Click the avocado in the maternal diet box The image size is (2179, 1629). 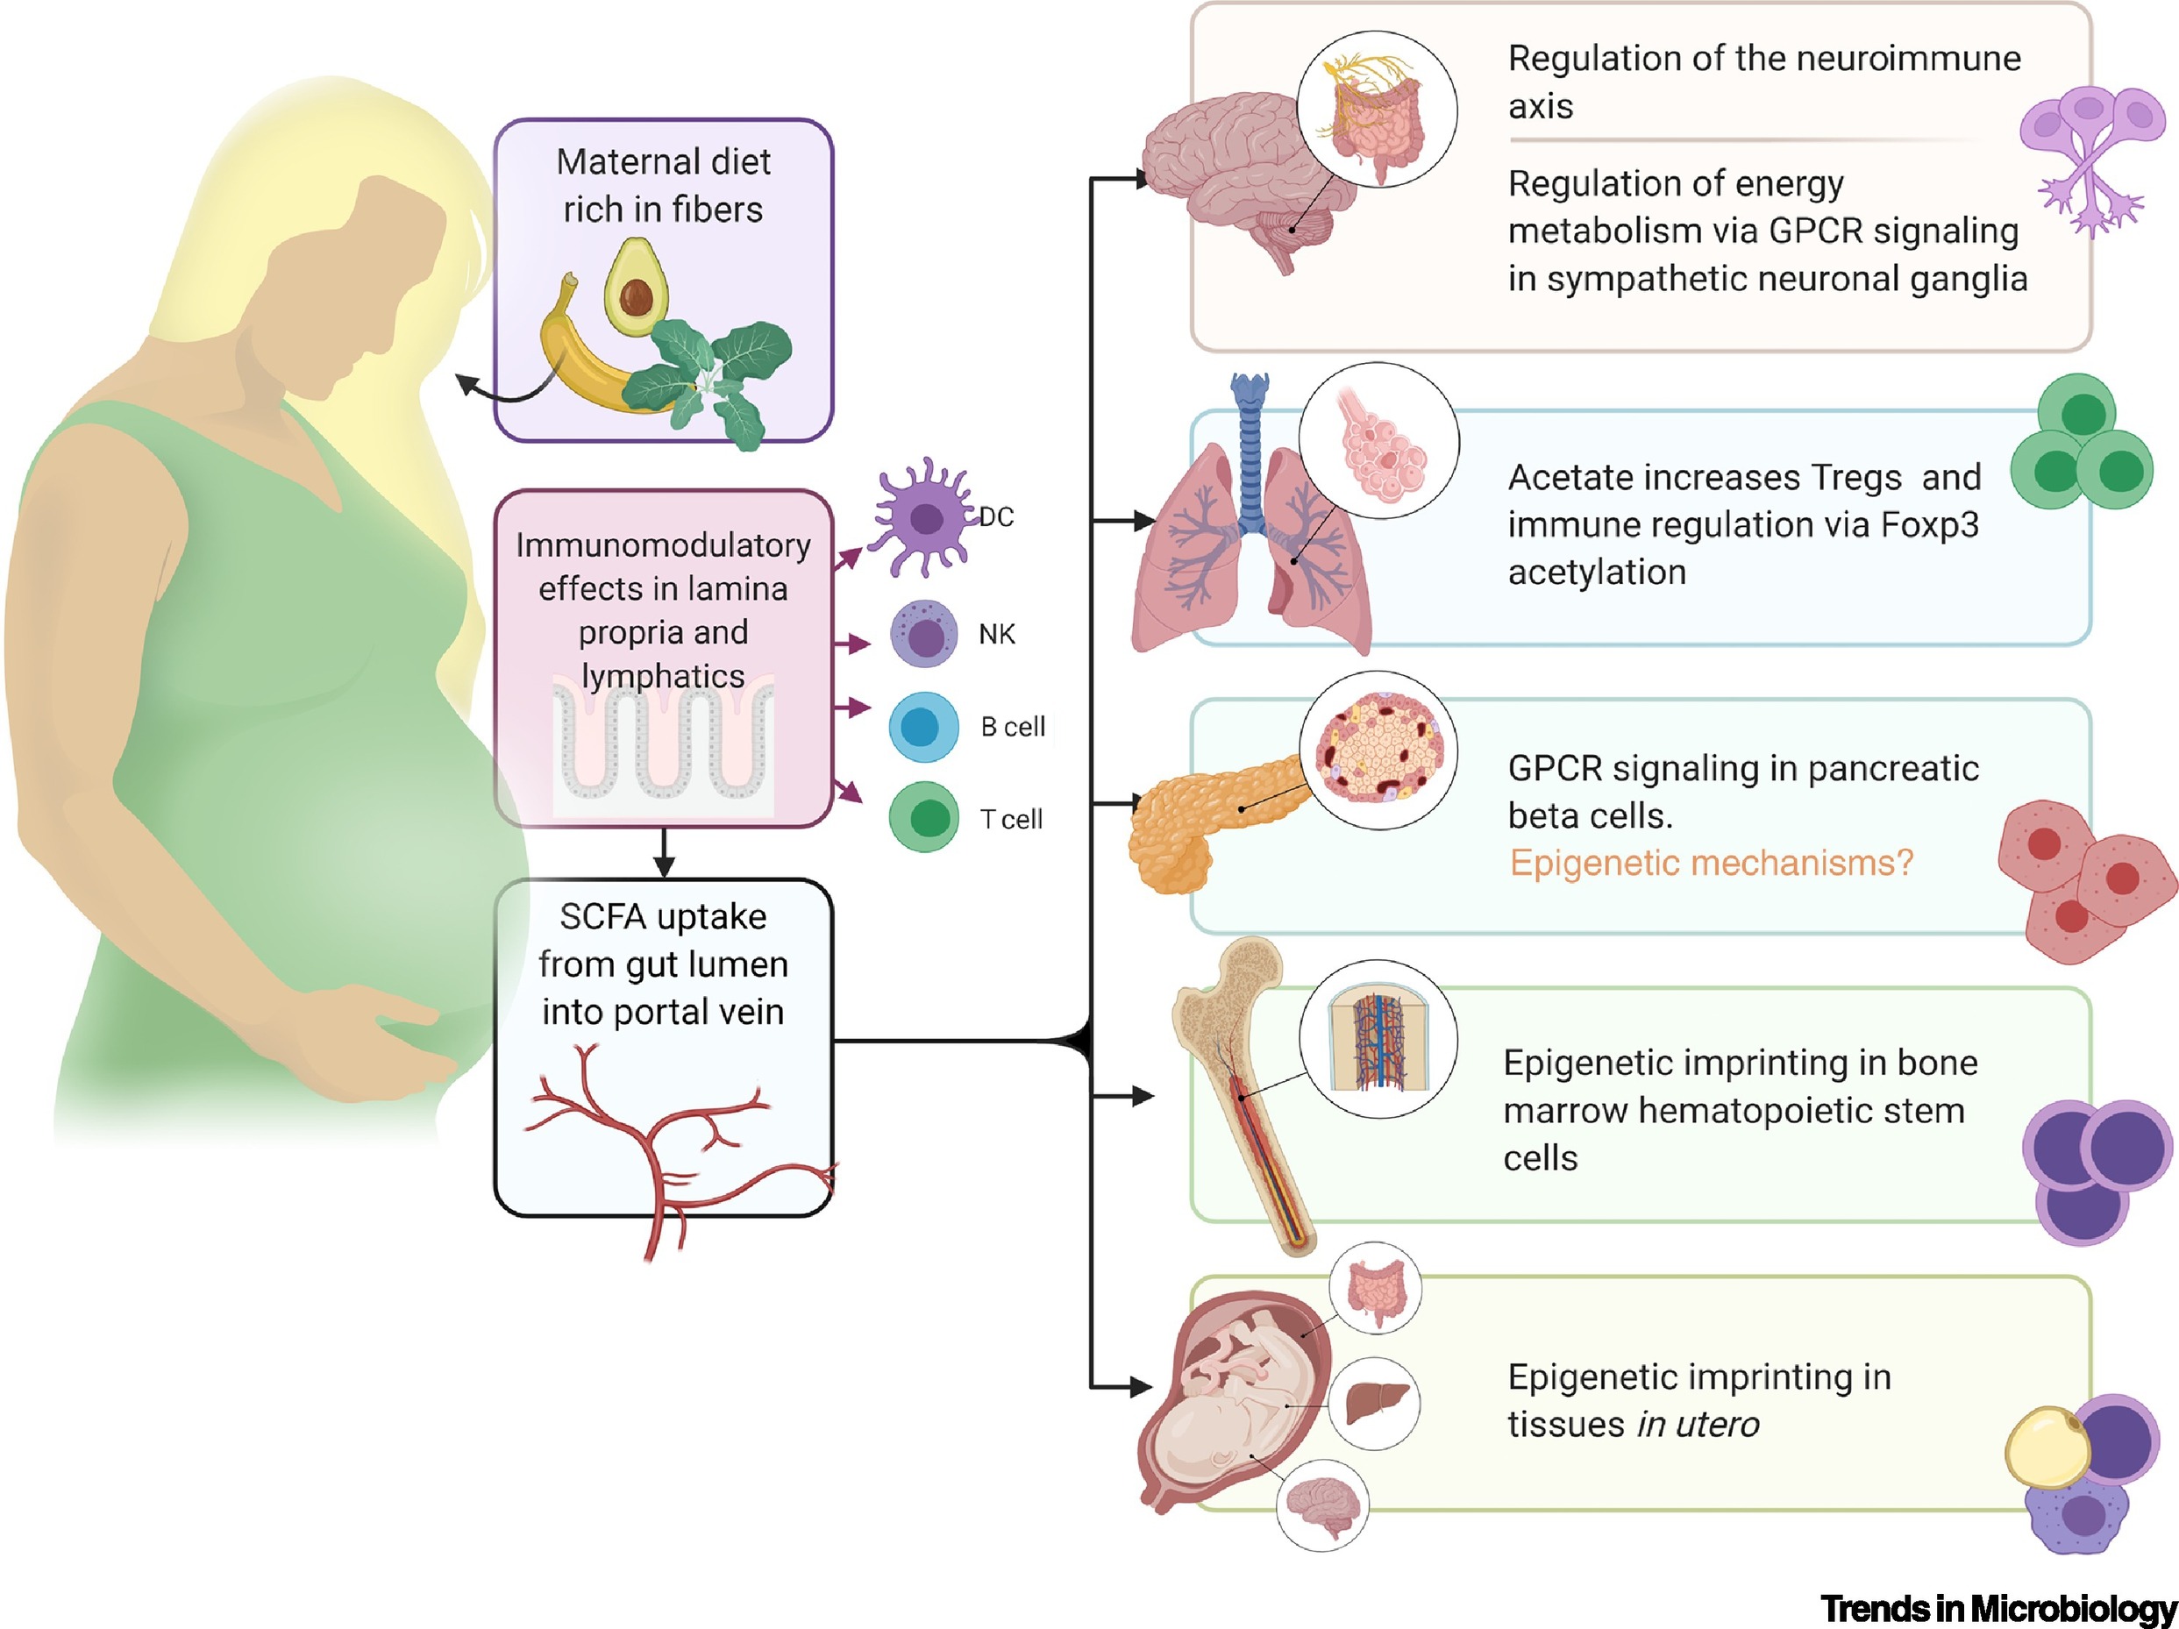[x=636, y=288]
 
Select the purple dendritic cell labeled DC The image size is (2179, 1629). [x=923, y=517]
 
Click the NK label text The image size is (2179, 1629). [x=996, y=634]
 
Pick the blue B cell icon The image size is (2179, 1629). [x=923, y=727]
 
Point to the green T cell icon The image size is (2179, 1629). [x=924, y=817]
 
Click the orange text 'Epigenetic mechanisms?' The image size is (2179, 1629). [x=1710, y=863]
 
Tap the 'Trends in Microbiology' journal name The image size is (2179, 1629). [x=1997, y=1608]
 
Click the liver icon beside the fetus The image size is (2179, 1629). [x=1374, y=1403]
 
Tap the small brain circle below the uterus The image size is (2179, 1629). [x=1322, y=1505]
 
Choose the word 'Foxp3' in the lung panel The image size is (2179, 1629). [x=1929, y=525]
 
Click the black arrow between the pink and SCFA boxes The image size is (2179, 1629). [x=664, y=853]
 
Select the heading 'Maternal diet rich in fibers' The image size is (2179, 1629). [x=663, y=185]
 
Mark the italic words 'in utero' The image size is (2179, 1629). [x=1698, y=1424]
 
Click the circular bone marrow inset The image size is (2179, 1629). [x=1378, y=1039]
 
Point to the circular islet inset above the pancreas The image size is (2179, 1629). [x=1378, y=750]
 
